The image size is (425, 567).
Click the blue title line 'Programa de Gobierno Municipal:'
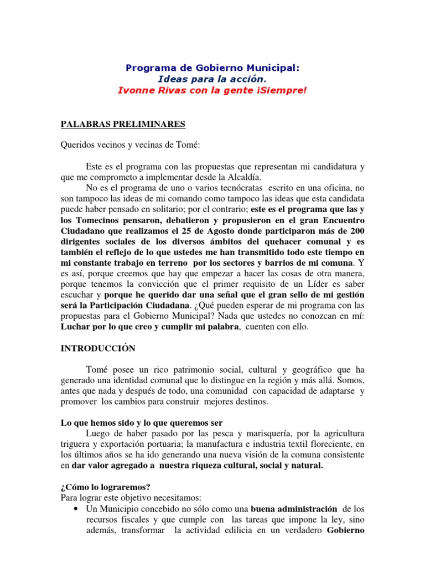pos(212,68)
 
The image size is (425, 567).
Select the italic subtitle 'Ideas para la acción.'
pos(212,79)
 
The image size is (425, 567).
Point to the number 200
pos(356,231)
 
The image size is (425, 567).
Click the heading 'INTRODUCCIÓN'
pos(98,348)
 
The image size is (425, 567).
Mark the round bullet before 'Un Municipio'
pos(74,508)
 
